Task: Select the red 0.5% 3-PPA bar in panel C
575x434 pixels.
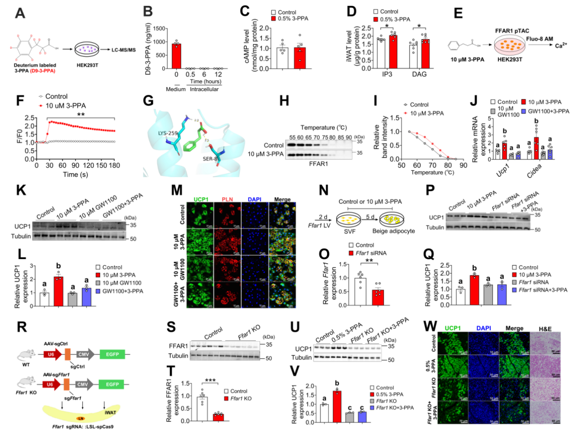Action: [300, 58]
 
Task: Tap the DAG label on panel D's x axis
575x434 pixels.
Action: [419, 74]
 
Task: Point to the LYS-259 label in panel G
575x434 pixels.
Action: [168, 134]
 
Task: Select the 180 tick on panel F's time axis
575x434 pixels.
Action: [114, 165]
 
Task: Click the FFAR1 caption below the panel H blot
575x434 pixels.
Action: [319, 164]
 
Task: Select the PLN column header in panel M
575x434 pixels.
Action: [227, 199]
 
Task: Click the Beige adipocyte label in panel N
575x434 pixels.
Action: [393, 231]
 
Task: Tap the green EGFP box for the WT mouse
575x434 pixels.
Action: [112, 354]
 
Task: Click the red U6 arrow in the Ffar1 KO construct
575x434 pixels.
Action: [51, 385]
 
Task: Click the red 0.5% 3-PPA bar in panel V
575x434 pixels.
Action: [336, 406]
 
